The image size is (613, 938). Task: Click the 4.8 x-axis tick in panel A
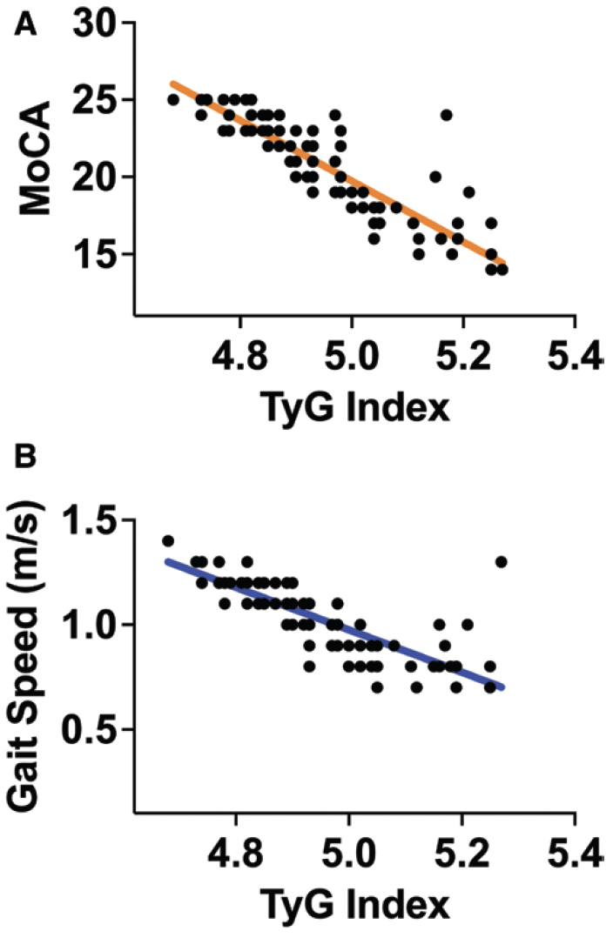(238, 357)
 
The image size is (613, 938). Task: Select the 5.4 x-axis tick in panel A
(575, 357)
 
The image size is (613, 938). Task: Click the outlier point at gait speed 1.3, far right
(501, 562)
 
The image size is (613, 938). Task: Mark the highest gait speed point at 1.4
(168, 540)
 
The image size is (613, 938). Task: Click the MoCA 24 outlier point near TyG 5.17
(447, 115)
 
